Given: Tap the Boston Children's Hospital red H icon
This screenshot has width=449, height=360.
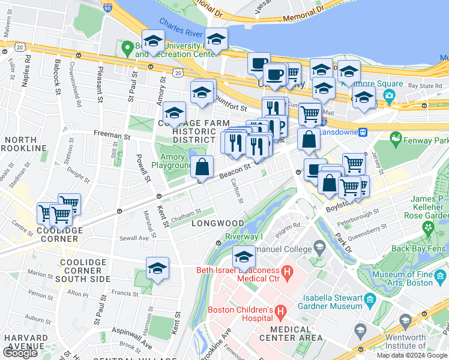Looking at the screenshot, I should pyautogui.click(x=283, y=310).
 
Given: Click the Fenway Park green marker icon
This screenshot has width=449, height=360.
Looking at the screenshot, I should pyautogui.click(x=396, y=140).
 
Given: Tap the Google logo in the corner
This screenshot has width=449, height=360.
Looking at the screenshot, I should pyautogui.click(x=20, y=352).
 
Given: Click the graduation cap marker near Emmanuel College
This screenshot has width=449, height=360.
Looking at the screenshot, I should pyautogui.click(x=244, y=257).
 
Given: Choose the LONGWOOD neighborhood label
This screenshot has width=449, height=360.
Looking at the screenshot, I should pyautogui.click(x=217, y=223).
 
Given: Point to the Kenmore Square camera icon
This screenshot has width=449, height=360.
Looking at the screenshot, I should pyautogui.click(x=389, y=95).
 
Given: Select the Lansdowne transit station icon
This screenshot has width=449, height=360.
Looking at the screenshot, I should pyautogui.click(x=363, y=132).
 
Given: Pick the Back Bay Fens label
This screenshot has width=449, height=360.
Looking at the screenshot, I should pyautogui.click(x=416, y=248).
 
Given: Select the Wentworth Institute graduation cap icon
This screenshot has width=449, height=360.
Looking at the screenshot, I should pyautogui.click(x=360, y=329).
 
